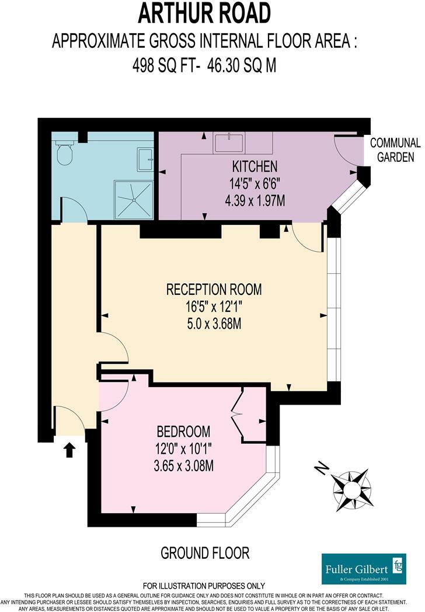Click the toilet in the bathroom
click(64, 152)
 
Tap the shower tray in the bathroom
click(133, 200)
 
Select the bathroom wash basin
click(145, 159)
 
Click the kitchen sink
click(229, 142)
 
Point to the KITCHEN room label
click(255, 166)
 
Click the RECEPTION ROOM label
click(214, 290)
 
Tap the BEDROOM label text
click(183, 432)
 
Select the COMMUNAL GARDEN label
click(395, 150)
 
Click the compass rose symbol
click(351, 489)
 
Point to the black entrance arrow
click(69, 450)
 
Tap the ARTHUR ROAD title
click(204, 13)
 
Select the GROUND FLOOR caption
click(205, 553)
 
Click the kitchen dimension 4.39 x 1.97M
click(255, 201)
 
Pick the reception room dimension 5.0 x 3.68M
click(214, 324)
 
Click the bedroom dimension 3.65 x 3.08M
click(183, 465)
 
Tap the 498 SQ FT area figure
click(163, 65)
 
